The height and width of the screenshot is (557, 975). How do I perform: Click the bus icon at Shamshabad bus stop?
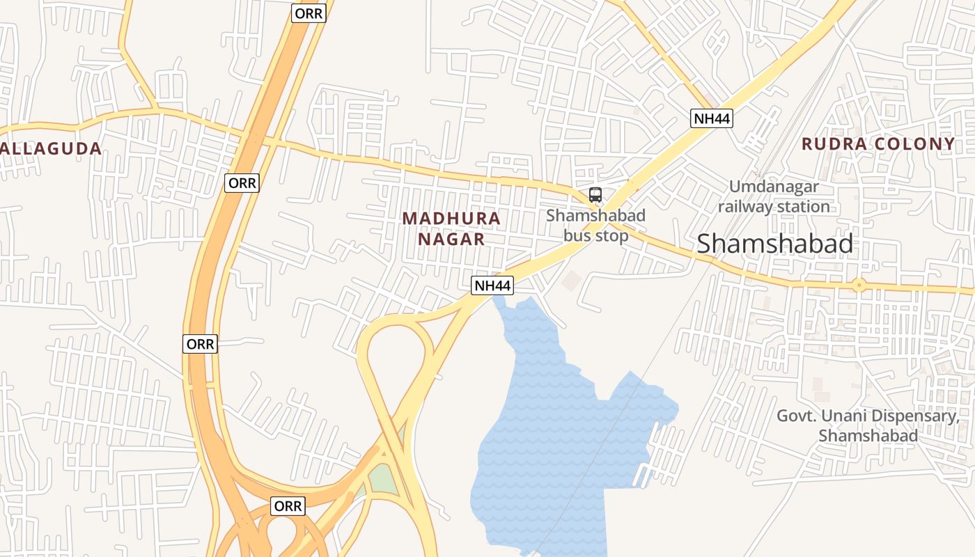tap(595, 195)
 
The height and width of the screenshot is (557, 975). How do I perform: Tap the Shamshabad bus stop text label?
tap(595, 226)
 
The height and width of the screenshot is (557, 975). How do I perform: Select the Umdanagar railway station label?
tap(774, 196)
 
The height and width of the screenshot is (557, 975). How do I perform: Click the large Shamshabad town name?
tap(774, 244)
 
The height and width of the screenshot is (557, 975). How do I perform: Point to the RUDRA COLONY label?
tap(878, 144)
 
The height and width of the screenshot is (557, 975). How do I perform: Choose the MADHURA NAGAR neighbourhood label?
tap(451, 228)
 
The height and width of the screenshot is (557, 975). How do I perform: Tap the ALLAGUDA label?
tap(50, 148)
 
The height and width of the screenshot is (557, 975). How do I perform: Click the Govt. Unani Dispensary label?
tap(868, 425)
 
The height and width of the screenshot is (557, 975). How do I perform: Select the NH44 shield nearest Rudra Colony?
tap(712, 118)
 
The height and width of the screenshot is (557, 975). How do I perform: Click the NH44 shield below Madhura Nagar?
tap(492, 285)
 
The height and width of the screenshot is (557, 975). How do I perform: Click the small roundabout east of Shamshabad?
tap(859, 284)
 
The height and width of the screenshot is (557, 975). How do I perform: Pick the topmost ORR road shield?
tap(309, 13)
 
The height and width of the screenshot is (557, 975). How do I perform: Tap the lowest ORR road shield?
tap(288, 506)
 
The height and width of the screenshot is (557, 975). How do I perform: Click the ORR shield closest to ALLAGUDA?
tap(242, 183)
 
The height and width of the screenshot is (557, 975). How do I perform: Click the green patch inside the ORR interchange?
tap(380, 478)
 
